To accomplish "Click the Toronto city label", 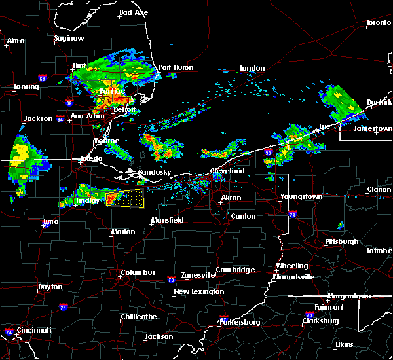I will tap(378, 23).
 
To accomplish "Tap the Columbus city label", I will tap(138, 272).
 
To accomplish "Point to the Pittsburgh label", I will tap(342, 242).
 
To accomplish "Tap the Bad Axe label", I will tap(133, 12).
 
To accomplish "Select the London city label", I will tap(252, 68).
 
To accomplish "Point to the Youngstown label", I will tap(301, 196).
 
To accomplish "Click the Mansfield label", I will tap(167, 220).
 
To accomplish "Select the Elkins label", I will tap(344, 344).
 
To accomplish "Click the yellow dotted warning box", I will tap(125, 198).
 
